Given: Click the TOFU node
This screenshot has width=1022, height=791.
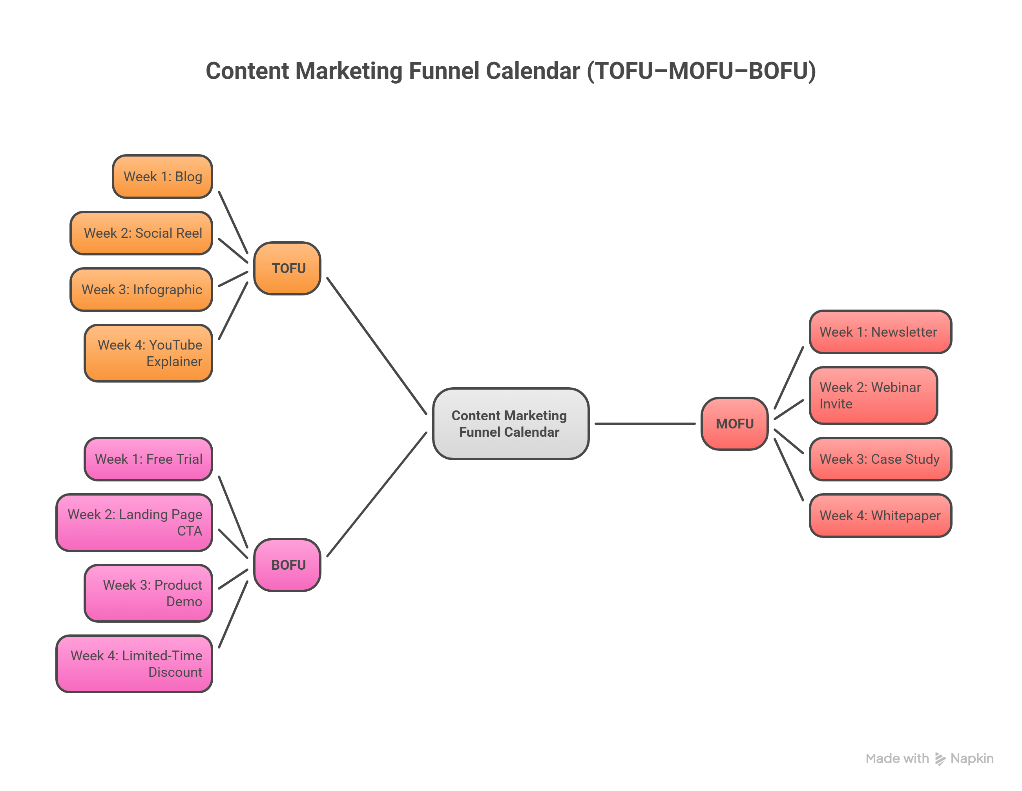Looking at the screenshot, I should [x=287, y=268].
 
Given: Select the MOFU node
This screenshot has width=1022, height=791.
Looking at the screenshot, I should [x=734, y=424].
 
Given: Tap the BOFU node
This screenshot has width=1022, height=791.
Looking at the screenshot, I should [x=287, y=565].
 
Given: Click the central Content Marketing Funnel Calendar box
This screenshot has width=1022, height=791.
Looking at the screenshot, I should [x=510, y=424].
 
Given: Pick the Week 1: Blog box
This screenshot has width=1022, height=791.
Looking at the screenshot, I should [x=162, y=177].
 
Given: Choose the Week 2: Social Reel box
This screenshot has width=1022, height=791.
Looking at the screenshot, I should [x=141, y=233].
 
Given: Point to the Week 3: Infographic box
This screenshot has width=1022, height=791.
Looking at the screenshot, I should [x=141, y=290].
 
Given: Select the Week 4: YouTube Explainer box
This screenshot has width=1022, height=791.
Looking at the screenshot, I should [x=148, y=353].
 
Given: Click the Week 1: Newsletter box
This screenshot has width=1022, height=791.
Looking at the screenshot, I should [x=880, y=332].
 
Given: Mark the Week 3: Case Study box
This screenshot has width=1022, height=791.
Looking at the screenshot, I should [x=880, y=459].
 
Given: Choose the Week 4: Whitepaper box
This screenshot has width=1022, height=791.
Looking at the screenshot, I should [x=880, y=516].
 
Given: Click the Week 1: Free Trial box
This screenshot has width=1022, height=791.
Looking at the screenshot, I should [x=148, y=459].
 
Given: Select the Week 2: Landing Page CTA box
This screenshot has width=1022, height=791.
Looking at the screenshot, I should [x=134, y=523].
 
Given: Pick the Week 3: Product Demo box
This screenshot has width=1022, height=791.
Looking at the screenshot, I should [x=148, y=593].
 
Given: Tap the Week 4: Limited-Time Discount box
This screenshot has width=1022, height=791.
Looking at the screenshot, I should [x=134, y=664].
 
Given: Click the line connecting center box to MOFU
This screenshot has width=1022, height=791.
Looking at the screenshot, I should [x=645, y=424].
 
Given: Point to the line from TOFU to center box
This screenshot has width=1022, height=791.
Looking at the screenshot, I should [x=377, y=346].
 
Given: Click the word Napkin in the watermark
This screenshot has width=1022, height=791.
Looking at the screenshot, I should [x=972, y=758].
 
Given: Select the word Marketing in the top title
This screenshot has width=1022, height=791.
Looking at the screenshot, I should [x=349, y=71].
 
